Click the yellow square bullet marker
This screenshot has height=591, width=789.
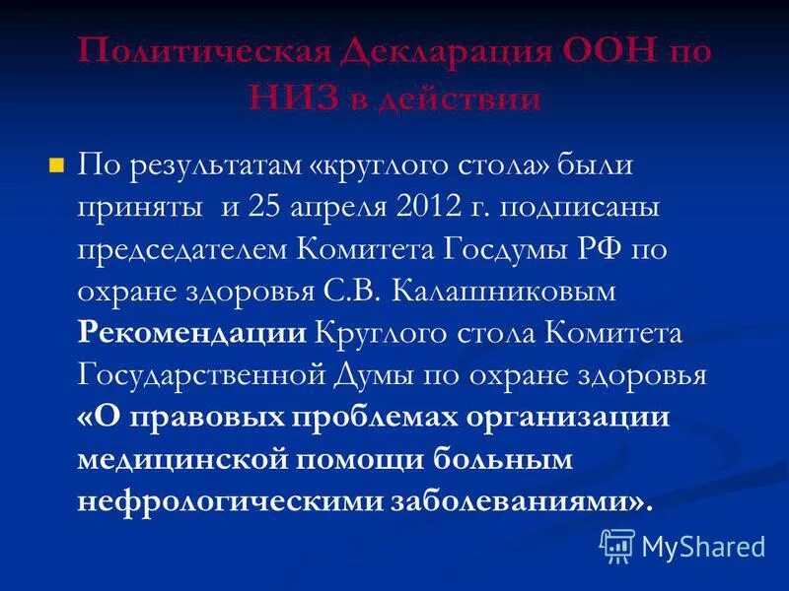click(56, 163)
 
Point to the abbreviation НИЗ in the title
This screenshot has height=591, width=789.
click(287, 98)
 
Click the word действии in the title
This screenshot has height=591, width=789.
click(460, 98)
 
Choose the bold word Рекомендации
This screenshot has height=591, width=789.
click(191, 333)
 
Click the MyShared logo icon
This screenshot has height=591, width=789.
click(618, 545)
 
